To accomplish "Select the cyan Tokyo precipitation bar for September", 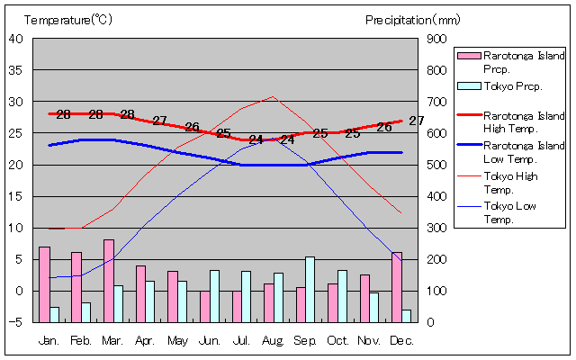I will coord(310,289).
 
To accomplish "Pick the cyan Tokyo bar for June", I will coord(214,295).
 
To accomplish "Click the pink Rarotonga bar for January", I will coord(44,283).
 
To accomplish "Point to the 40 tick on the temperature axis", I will coord(16,39).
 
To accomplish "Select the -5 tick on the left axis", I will coord(16,322).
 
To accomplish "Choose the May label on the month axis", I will coord(176,340).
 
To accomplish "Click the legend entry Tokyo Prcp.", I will coord(512,86).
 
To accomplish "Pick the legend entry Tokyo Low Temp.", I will coord(511,212).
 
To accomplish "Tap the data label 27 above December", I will coord(416,121).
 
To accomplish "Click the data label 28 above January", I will coord(63,115).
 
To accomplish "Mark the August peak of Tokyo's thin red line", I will coord(274,96).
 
